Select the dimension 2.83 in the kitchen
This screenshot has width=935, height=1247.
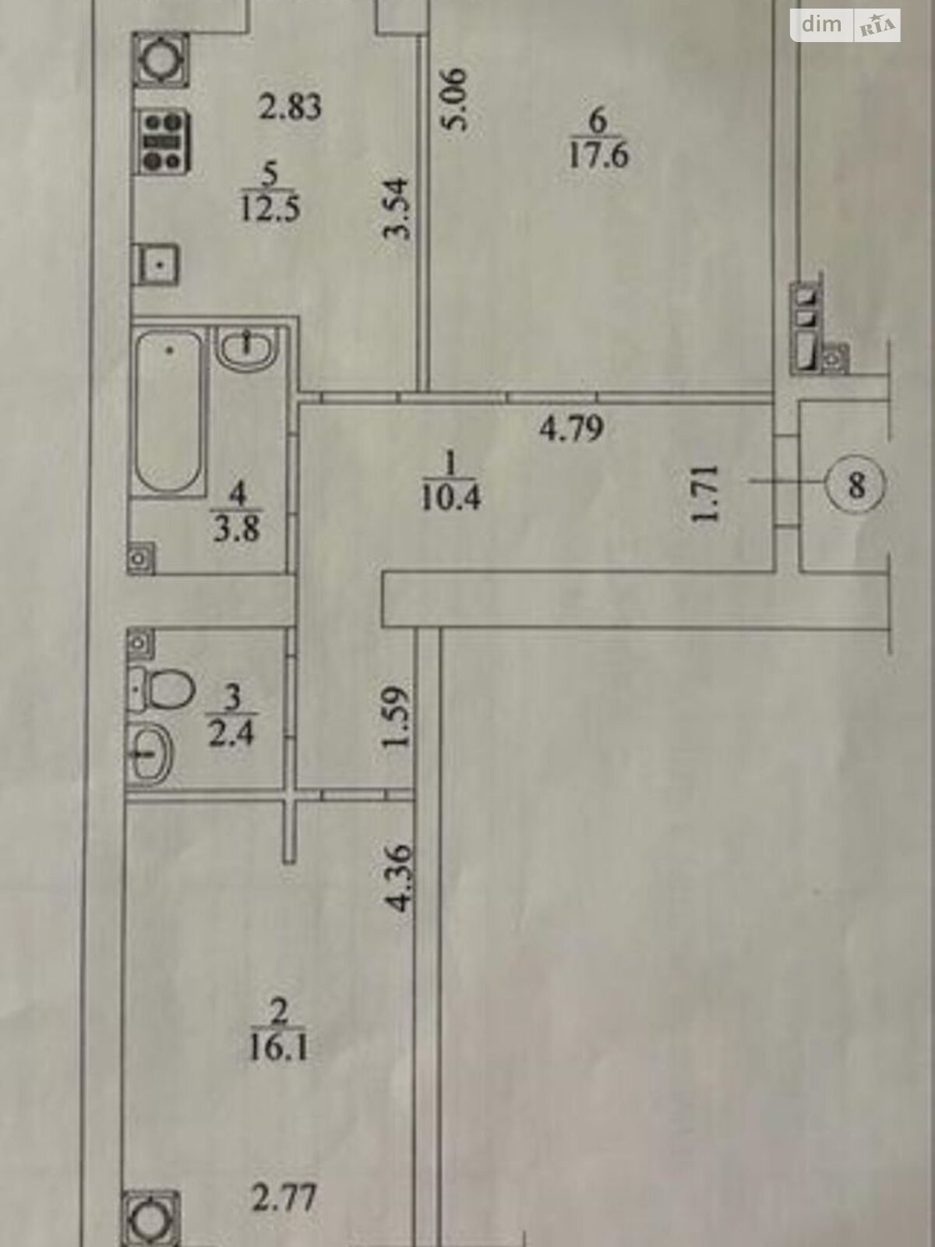tap(290, 106)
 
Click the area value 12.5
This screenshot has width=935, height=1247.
tap(270, 209)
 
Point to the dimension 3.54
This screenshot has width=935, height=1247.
tap(398, 208)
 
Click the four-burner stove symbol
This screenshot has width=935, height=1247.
tap(164, 142)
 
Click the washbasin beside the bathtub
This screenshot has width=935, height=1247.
tap(246, 347)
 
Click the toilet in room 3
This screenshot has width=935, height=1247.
tap(162, 688)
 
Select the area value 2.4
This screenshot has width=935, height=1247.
tap(231, 733)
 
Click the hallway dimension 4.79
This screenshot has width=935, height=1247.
tap(572, 428)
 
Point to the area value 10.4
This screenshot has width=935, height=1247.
tap(450, 496)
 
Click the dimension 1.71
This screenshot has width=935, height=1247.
tap(705, 494)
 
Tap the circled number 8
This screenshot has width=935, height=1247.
tap(856, 486)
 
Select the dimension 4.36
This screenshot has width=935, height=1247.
tap(399, 877)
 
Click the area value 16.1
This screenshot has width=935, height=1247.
tap(278, 1047)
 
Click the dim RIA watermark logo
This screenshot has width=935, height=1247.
tap(846, 26)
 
